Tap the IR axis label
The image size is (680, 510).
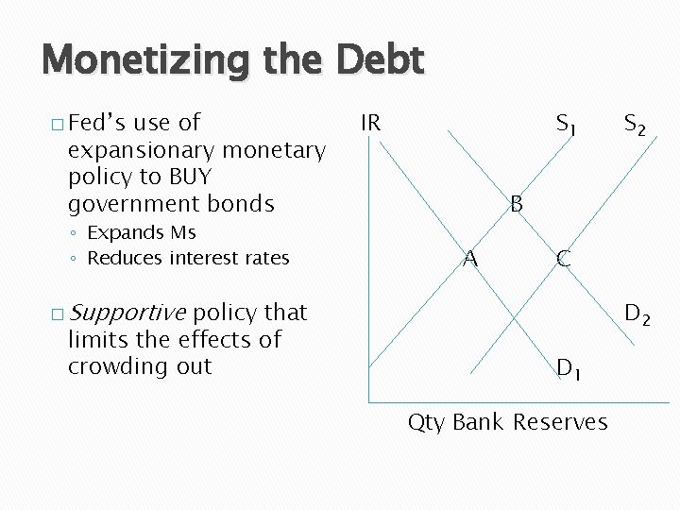pyautogui.click(x=370, y=123)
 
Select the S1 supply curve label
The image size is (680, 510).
pyautogui.click(x=567, y=124)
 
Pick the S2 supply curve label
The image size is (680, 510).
pyautogui.click(x=635, y=124)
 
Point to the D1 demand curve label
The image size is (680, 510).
pyautogui.click(x=569, y=367)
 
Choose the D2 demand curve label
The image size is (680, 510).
pyautogui.click(x=637, y=314)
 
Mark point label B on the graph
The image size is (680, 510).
pyautogui.click(x=517, y=203)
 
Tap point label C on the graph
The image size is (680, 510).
pyautogui.click(x=563, y=259)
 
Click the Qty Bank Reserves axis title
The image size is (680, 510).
pyautogui.click(x=507, y=421)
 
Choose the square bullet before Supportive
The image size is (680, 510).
pyautogui.click(x=59, y=314)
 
